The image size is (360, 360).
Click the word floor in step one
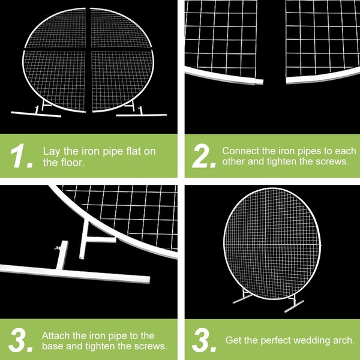pyautogui.click(x=73, y=163)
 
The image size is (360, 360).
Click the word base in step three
pyautogui.click(x=52, y=346)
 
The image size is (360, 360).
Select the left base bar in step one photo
pyautogui.click(x=36, y=114)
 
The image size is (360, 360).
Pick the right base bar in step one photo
pyautogui.click(x=142, y=115)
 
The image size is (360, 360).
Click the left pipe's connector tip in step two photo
pyautogui.click(x=259, y=82)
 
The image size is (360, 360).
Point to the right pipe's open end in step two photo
pyautogui.click(x=287, y=81)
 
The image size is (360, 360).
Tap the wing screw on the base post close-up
pyautogui.click(x=57, y=248)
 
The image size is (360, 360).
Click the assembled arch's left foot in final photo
pyautogui.click(x=242, y=299)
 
